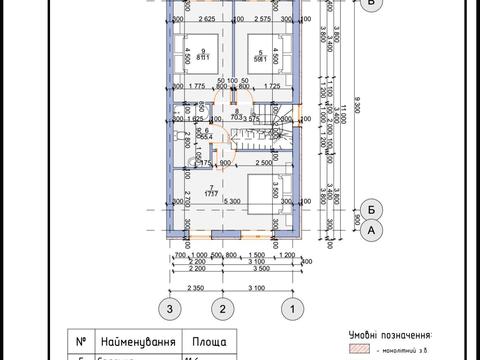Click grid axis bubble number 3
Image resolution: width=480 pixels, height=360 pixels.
point(171,310)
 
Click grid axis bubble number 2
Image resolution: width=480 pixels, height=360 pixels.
point(227,310)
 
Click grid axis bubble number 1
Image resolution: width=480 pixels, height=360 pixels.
point(291,310)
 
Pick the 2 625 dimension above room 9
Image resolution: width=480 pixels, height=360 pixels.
point(208,19)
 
